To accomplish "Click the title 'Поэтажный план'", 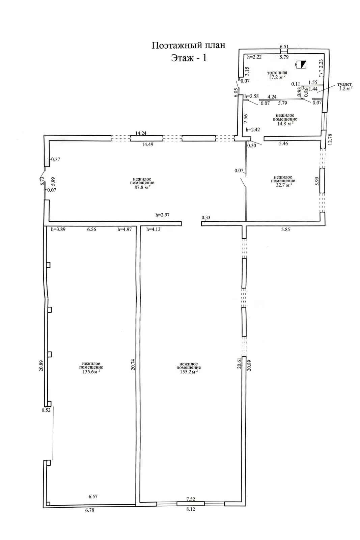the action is tap(188, 45).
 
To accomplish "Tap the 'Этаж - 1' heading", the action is tap(189, 58).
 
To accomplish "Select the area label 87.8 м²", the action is tap(142, 187).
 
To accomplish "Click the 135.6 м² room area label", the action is tap(91, 372).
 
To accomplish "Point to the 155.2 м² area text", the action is tap(189, 372).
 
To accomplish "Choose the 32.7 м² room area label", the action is tap(284, 185).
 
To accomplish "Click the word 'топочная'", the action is tap(277, 73).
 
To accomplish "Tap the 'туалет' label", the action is tap(344, 84).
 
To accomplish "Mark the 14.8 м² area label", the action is tap(285, 124).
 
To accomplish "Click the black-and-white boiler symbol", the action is tap(301, 64).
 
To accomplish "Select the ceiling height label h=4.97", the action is tap(124, 229).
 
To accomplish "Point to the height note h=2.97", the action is tap(162, 215).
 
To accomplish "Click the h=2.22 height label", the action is tap(254, 57).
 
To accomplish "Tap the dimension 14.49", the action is tap(147, 144).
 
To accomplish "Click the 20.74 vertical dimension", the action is tap(133, 364).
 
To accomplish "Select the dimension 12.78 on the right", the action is tap(330, 139).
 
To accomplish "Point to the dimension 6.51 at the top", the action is tap(284, 47).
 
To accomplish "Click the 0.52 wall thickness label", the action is tap(46, 410).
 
